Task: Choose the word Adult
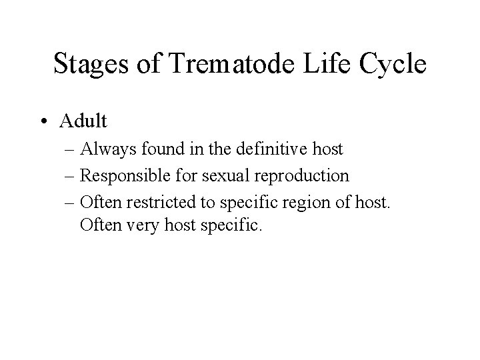tap(82, 121)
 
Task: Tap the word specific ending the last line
tap(234, 225)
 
